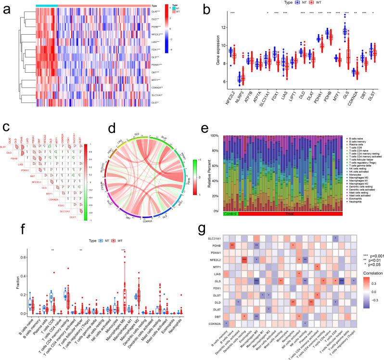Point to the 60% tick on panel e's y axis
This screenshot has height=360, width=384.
[x=216, y=165]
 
